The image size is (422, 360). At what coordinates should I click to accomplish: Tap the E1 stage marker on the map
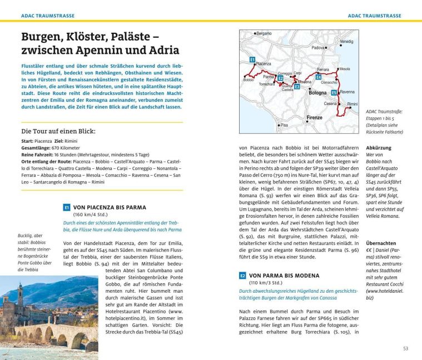(252, 59)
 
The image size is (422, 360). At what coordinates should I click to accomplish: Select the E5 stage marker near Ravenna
(334, 92)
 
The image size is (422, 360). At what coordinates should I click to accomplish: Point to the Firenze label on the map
(314, 118)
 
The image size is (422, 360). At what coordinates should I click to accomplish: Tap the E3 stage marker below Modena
(297, 87)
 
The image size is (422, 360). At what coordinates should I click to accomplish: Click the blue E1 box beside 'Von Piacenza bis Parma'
(66, 207)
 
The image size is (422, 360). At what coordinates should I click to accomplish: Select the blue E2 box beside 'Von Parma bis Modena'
(242, 276)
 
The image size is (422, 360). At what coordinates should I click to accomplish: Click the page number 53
(406, 348)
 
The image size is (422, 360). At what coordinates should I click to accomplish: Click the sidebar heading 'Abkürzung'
(379, 148)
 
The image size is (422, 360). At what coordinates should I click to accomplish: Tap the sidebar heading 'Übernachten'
(381, 243)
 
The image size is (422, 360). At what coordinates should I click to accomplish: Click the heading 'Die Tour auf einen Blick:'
(58, 132)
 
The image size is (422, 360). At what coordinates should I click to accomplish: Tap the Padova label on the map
(317, 48)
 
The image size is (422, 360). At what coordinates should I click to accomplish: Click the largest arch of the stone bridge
(60, 338)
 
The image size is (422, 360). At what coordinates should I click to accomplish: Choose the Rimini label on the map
(353, 104)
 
